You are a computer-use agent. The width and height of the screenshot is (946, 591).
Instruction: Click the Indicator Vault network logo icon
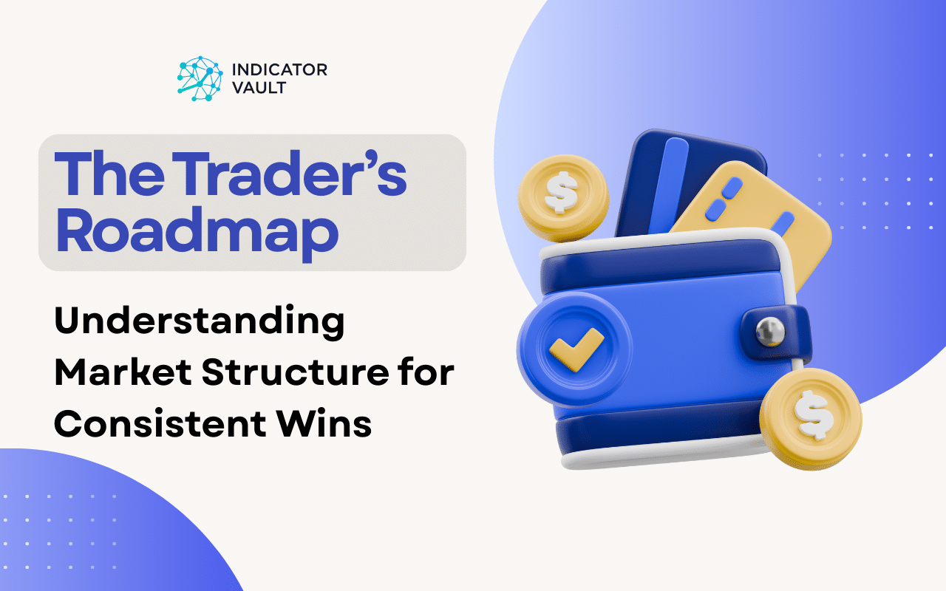coord(200,78)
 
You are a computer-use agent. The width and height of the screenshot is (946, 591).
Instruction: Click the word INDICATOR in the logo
coord(279,70)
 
